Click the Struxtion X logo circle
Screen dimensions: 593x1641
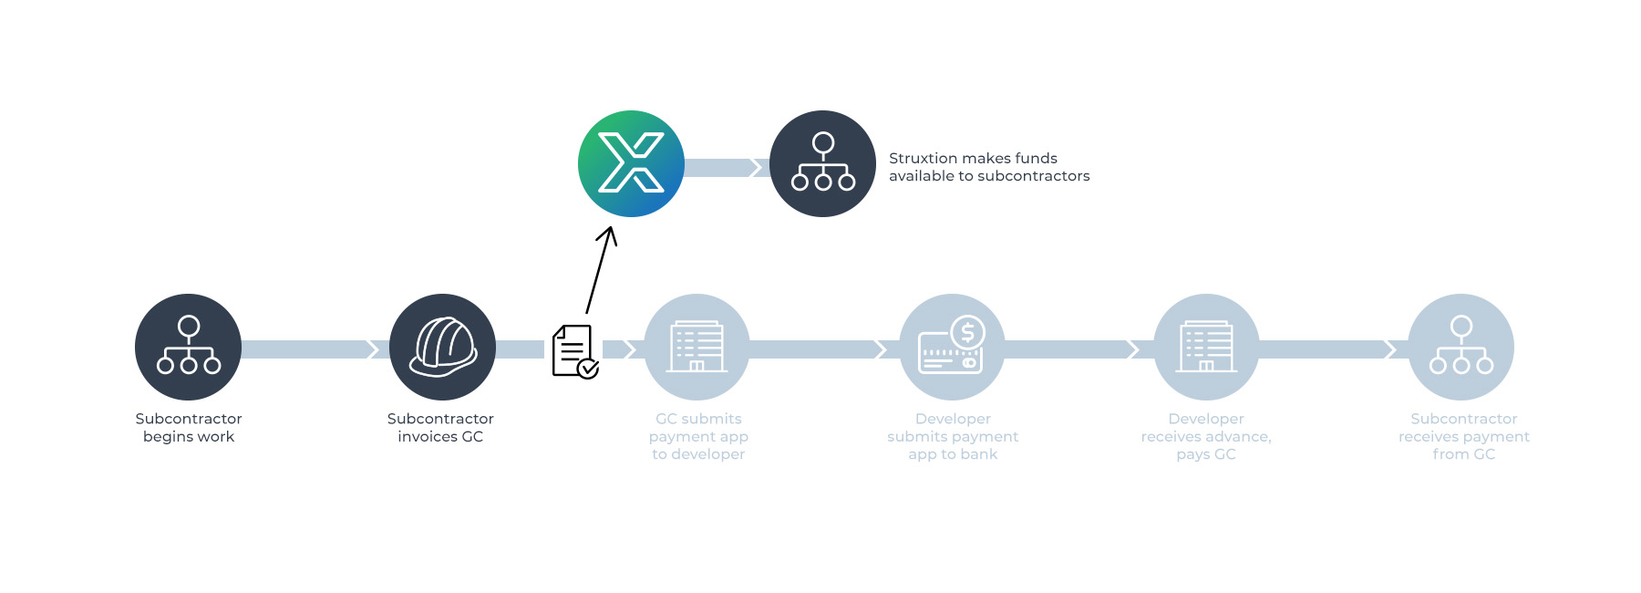coord(631,163)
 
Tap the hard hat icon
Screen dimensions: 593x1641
coord(442,347)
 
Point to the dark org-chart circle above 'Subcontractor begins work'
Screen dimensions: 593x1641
coord(188,347)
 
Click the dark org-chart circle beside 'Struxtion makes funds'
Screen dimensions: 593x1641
coord(822,163)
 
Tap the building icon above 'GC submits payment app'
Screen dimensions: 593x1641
coord(697,347)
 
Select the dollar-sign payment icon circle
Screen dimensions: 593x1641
coord(952,347)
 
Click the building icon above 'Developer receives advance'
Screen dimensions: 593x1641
coord(1206,347)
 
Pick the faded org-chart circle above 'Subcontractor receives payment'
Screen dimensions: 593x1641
coord(1460,347)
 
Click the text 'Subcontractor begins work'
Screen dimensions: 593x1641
coord(189,428)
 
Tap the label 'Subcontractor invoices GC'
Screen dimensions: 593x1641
coord(440,428)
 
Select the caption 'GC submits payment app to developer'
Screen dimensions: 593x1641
coord(698,436)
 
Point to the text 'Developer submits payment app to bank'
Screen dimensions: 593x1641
coord(953,436)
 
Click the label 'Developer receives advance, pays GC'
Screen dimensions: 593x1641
coord(1206,436)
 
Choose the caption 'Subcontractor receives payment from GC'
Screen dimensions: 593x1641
coord(1464,436)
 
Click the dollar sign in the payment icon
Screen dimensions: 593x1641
coord(968,333)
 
